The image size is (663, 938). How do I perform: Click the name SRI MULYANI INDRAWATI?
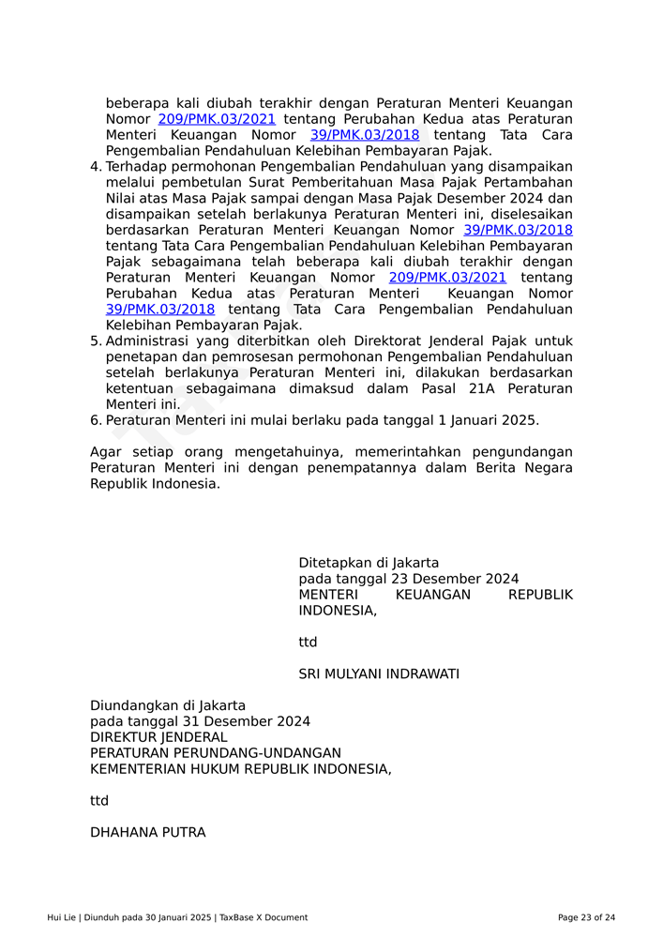click(x=379, y=673)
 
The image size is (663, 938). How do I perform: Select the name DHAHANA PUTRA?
click(x=147, y=832)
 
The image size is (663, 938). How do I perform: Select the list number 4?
click(x=95, y=167)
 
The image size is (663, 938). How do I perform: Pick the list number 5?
click(x=95, y=341)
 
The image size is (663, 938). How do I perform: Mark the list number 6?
click(x=95, y=420)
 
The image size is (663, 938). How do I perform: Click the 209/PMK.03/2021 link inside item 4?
click(x=447, y=278)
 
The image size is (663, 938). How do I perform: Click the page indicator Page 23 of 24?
click(x=586, y=917)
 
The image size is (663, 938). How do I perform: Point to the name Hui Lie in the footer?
click(x=62, y=917)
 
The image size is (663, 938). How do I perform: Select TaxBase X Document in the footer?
click(x=264, y=917)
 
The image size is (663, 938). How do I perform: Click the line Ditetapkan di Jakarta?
click(x=369, y=563)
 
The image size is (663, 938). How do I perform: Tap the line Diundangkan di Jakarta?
click(x=168, y=705)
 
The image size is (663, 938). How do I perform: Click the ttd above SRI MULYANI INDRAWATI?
click(x=308, y=642)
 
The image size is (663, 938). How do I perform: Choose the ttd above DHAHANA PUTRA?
click(x=99, y=800)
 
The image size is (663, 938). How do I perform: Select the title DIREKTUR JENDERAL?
click(x=158, y=737)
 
